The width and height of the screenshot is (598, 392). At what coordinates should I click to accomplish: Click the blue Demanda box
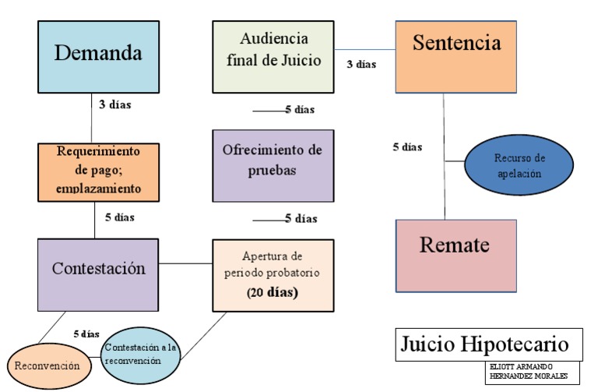coord(98,54)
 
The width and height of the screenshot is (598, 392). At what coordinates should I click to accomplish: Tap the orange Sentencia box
coord(456,55)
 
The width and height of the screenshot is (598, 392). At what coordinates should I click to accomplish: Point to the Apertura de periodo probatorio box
coord(273,274)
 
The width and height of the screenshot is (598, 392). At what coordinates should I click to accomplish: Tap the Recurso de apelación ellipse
coord(519,166)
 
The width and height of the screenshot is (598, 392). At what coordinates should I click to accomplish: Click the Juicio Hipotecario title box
coord(488,344)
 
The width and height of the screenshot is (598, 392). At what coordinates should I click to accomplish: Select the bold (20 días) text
coord(272,293)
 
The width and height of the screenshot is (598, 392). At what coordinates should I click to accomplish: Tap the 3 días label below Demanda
coord(114,104)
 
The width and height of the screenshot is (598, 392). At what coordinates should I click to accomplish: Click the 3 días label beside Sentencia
coord(361,65)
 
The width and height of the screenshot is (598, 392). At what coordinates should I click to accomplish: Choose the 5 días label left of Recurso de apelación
coord(407,147)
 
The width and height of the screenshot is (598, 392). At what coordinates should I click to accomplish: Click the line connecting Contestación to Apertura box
coord(185,263)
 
